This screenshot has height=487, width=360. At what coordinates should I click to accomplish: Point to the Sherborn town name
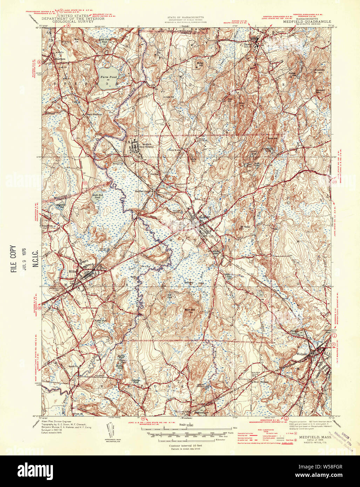pyautogui.click(x=60, y=59)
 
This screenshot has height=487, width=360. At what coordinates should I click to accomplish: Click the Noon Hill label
pyautogui.click(x=190, y=310)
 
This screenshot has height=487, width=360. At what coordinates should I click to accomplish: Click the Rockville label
pyautogui.click(x=73, y=366)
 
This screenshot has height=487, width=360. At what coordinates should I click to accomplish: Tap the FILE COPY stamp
pyautogui.click(x=13, y=259)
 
